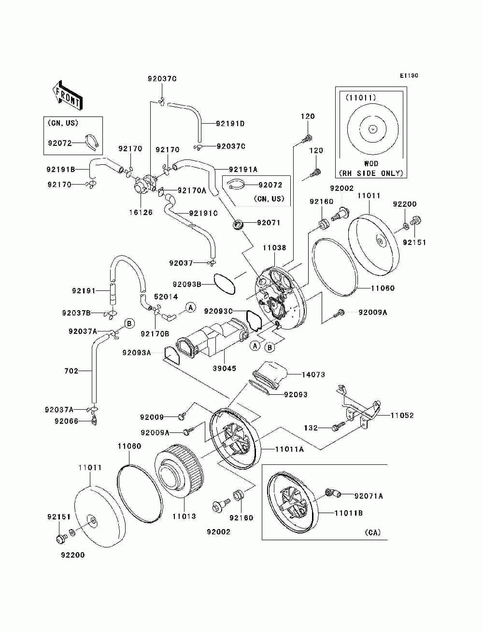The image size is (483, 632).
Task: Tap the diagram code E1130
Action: pyautogui.click(x=409, y=76)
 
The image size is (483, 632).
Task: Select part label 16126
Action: pyautogui.click(x=141, y=212)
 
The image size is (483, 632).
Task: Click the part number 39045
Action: pyautogui.click(x=225, y=368)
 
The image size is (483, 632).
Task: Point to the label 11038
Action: pyautogui.click(x=274, y=247)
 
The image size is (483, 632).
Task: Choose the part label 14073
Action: pyautogui.click(x=313, y=374)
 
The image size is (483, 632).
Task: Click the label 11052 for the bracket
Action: pyautogui.click(x=402, y=416)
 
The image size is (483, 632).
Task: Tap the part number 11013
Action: pyautogui.click(x=184, y=516)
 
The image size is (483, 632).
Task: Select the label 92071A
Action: pyautogui.click(x=369, y=496)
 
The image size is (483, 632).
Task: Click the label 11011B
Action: pyautogui.click(x=348, y=513)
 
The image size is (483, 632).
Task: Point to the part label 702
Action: pyautogui.click(x=71, y=371)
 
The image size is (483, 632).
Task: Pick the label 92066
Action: pyautogui.click(x=67, y=421)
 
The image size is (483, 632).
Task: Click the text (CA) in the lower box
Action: pyautogui.click(x=373, y=532)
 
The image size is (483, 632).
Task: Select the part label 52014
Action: pyautogui.click(x=166, y=297)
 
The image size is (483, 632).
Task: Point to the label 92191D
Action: pyautogui.click(x=230, y=124)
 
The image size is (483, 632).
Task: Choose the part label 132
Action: pyautogui.click(x=311, y=428)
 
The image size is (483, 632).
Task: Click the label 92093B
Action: pyautogui.click(x=187, y=285)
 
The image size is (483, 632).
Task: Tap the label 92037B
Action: pyautogui.click(x=76, y=313)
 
